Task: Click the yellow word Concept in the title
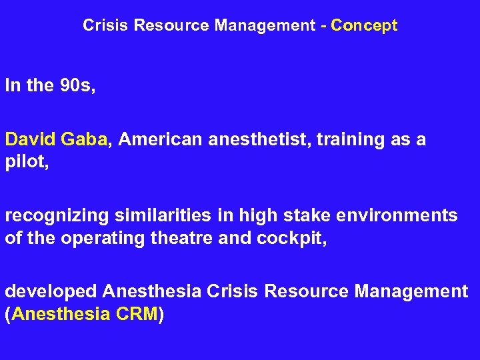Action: [364, 26]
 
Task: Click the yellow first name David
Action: [30, 139]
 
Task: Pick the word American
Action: [162, 139]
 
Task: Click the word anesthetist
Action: [259, 139]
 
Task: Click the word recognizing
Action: [58, 217]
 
